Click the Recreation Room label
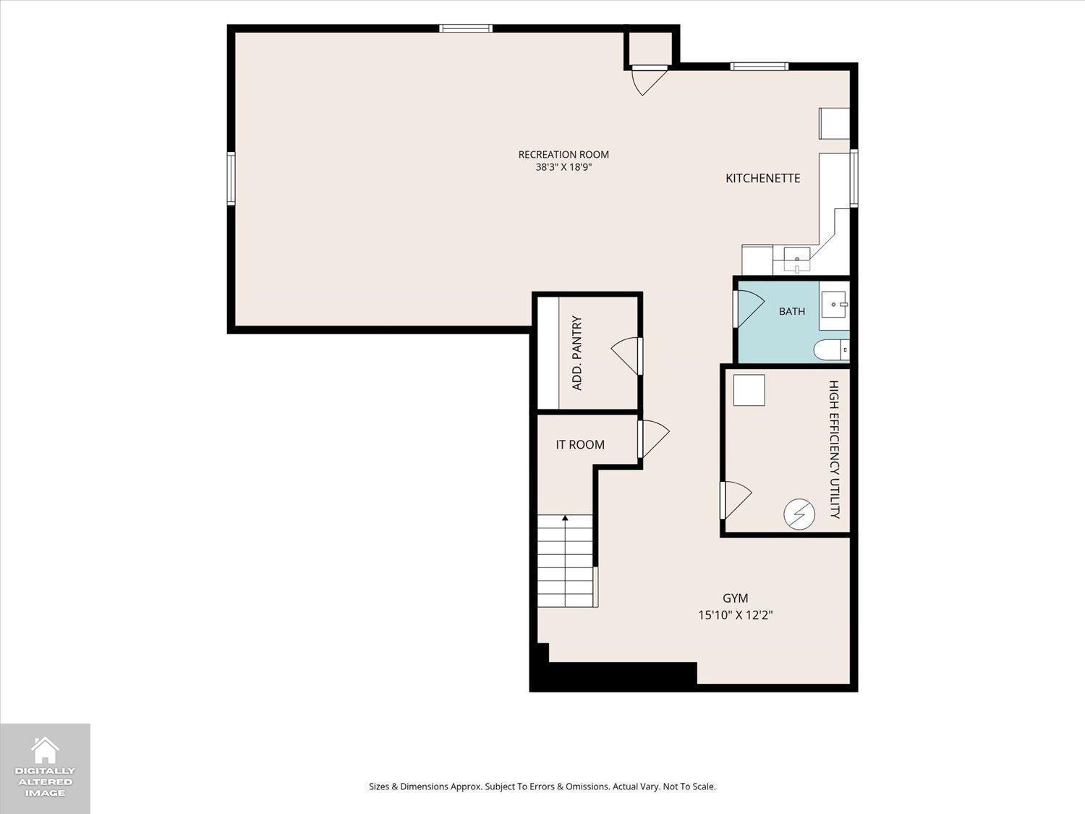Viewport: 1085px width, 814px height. [563, 155]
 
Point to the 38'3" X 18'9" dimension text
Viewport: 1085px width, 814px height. [563, 167]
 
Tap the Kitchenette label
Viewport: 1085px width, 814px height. [762, 179]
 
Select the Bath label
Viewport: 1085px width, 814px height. [792, 311]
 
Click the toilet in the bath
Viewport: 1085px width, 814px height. [831, 350]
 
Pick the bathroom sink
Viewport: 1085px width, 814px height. [835, 305]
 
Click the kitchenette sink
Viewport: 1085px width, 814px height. [797, 260]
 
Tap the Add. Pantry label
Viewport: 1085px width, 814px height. [576, 353]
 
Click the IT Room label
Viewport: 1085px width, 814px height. [580, 445]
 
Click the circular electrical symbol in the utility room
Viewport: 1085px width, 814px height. [799, 514]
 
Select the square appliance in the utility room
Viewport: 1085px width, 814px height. [749, 391]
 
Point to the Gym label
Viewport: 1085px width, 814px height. [735, 598]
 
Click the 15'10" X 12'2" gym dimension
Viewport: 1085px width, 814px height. [735, 615]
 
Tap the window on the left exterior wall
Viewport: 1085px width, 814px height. [231, 179]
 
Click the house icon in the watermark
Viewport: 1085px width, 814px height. [45, 750]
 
